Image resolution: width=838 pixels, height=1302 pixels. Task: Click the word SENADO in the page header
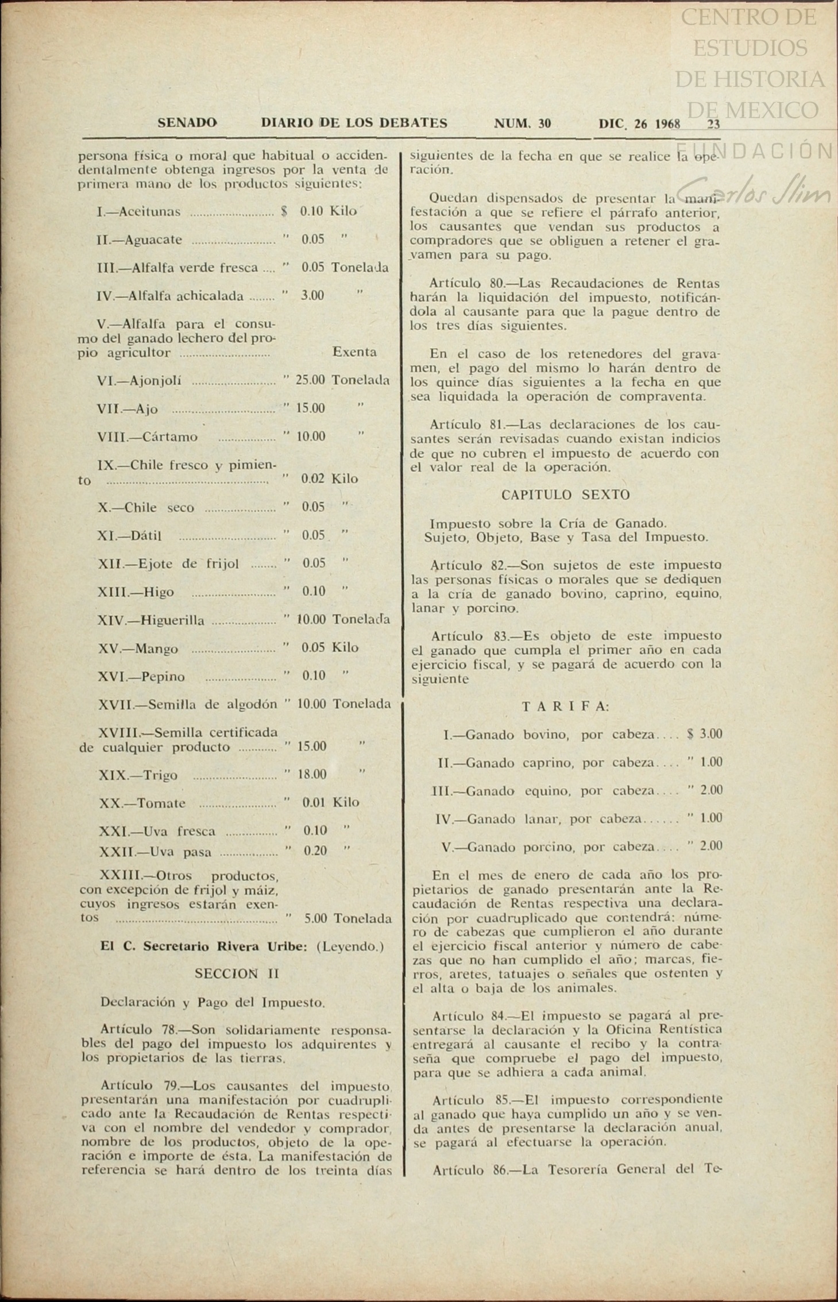[x=187, y=123]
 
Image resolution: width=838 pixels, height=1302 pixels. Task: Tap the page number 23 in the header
[x=713, y=124]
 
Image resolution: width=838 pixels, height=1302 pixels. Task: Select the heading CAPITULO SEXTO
[x=565, y=495]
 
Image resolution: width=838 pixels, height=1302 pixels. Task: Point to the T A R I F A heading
[x=565, y=706]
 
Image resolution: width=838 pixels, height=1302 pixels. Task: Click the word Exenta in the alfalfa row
[x=354, y=352]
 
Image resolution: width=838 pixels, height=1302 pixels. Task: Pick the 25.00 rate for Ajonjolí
[x=310, y=380]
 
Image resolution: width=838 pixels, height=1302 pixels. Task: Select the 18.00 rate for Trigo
[x=312, y=774]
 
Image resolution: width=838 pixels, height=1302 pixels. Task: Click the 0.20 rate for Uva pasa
[x=315, y=851]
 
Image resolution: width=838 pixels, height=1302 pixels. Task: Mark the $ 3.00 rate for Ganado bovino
[x=705, y=734]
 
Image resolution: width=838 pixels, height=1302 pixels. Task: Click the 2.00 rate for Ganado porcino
[x=711, y=846]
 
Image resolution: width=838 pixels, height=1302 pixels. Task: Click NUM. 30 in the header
[x=522, y=123]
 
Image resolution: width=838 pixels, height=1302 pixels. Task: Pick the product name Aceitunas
[x=149, y=212]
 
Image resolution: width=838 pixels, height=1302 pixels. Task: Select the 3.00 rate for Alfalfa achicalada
[x=312, y=296]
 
